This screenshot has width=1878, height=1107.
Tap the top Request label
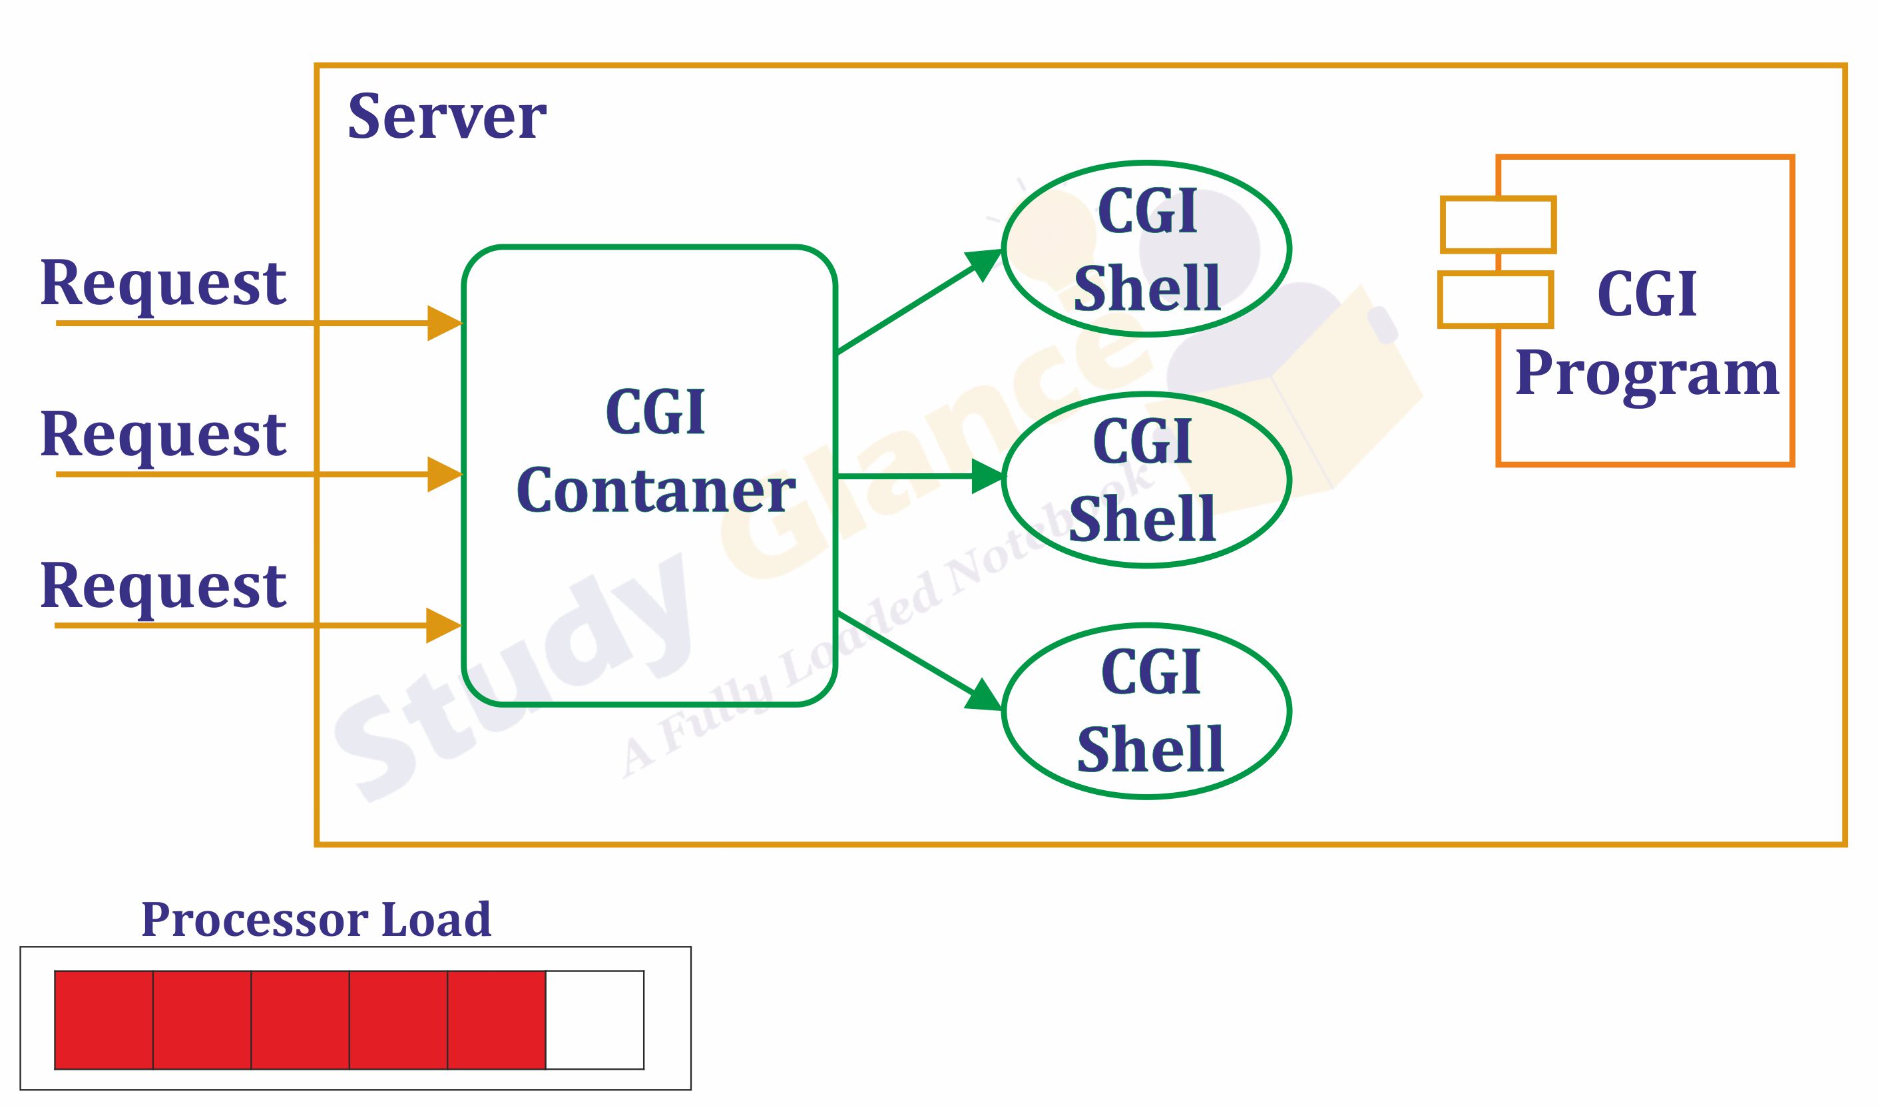[x=162, y=284]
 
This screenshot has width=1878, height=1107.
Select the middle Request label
[x=162, y=435]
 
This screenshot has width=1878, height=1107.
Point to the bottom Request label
[x=162, y=586]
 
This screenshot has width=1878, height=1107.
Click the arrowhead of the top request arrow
[x=443, y=323]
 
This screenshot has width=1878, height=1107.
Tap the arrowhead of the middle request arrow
[x=443, y=475]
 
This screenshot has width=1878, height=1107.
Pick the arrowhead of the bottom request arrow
[x=441, y=625]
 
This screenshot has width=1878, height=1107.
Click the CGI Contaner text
[x=655, y=451]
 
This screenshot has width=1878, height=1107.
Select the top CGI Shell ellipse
[x=1146, y=249]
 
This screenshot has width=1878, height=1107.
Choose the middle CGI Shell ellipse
[x=1146, y=481]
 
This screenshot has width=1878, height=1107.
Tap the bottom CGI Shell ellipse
[x=1146, y=711]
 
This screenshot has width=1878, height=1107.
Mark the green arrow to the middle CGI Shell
[x=917, y=476]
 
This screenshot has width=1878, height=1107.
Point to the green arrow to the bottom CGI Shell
[x=917, y=660]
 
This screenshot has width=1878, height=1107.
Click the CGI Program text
[x=1647, y=333]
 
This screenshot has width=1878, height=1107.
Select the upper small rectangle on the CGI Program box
[x=1498, y=224]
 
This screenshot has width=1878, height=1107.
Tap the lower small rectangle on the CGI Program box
[x=1495, y=300]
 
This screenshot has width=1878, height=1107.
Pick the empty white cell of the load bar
[x=594, y=1020]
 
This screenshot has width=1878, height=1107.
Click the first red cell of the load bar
[x=104, y=1020]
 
